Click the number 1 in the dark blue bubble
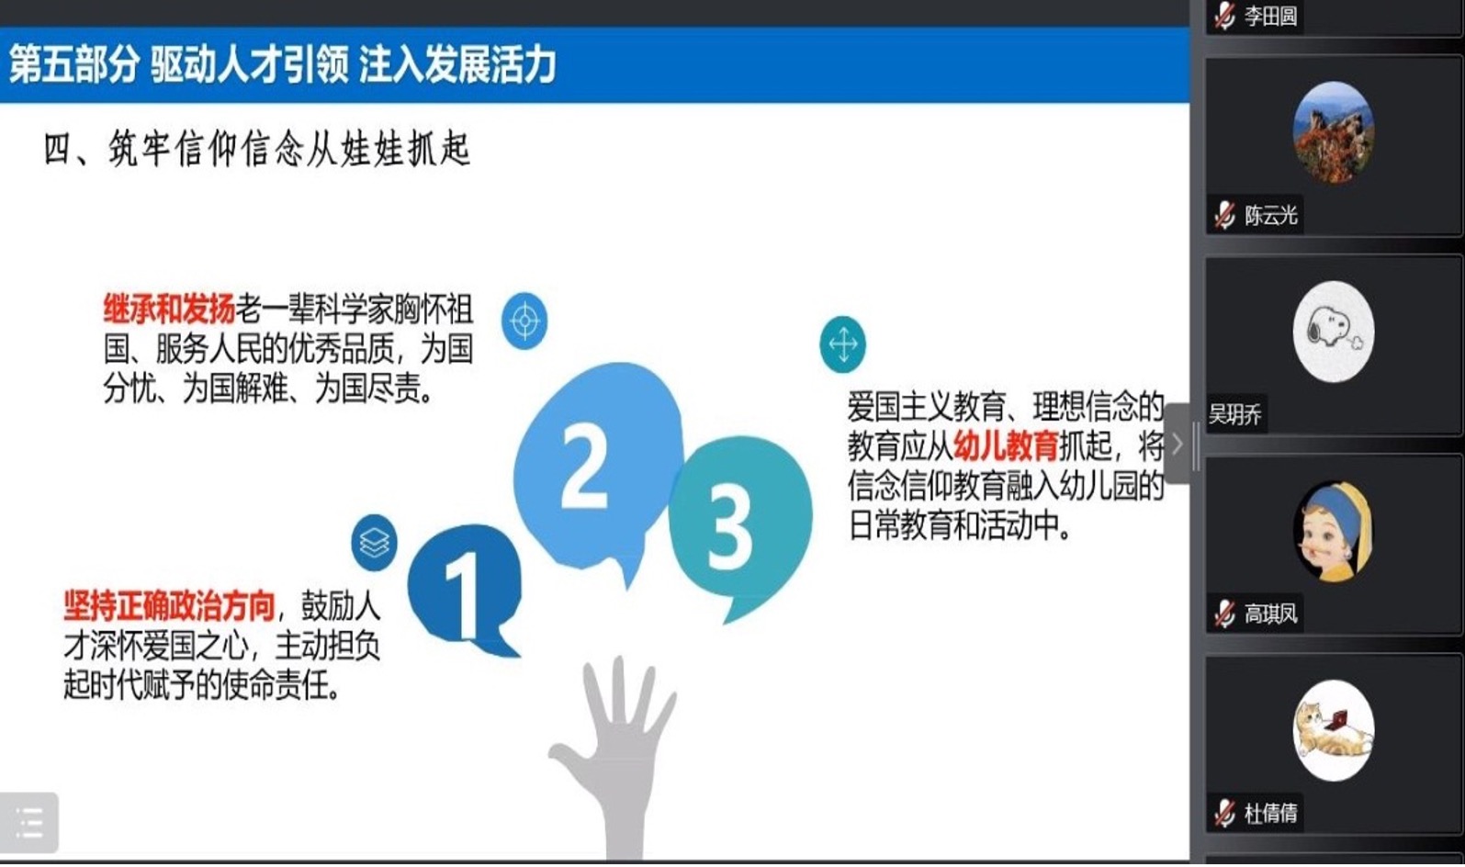[466, 595]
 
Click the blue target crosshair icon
[524, 321]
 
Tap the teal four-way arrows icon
[842, 344]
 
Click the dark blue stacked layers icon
[374, 543]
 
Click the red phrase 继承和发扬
[169, 310]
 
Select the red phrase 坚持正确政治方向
[169, 605]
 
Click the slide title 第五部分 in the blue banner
[73, 64]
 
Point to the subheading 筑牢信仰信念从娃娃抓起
[289, 149]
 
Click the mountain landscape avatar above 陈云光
[1334, 132]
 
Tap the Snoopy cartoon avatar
[1334, 332]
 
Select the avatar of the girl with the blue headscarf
[1334, 531]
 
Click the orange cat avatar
[1334, 730]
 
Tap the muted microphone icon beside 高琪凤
[1224, 614]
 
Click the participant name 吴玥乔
[1234, 414]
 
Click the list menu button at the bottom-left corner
[28, 823]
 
